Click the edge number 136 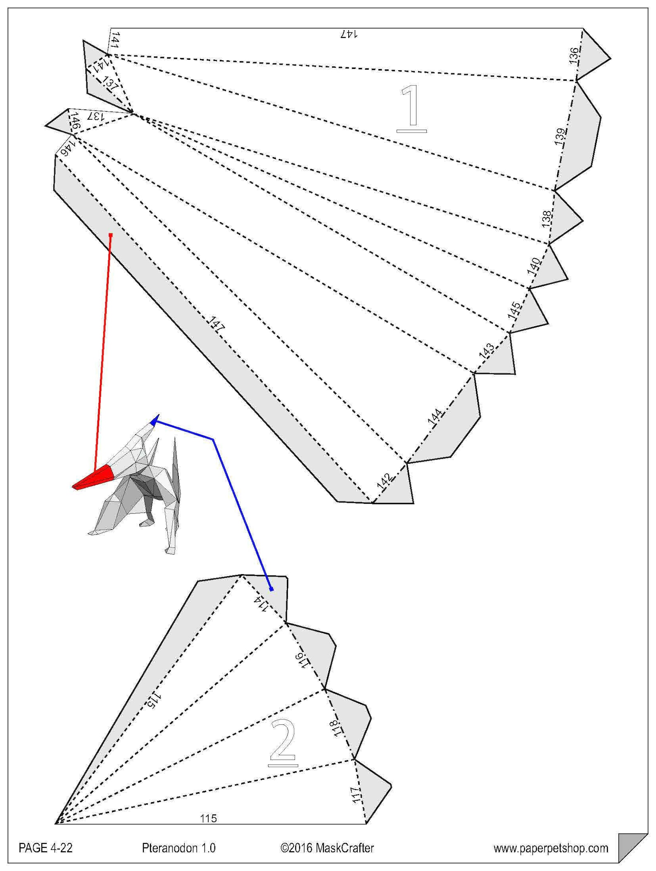click(x=574, y=56)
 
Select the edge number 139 click(x=560, y=137)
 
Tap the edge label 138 click(x=547, y=219)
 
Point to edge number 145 click(x=514, y=311)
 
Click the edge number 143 click(x=487, y=350)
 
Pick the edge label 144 click(x=435, y=416)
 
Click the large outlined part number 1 click(x=411, y=109)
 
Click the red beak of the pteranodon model click(x=94, y=478)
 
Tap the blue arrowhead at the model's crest click(x=154, y=420)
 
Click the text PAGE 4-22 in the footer click(x=45, y=848)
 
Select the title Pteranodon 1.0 click(x=179, y=848)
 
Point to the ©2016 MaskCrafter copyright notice click(x=327, y=848)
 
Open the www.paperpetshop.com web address click(x=551, y=849)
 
